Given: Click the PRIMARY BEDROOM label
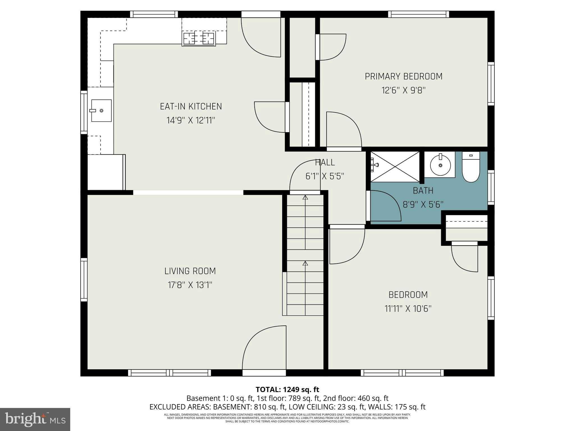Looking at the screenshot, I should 403,76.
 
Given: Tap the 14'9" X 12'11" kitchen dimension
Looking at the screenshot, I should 191,120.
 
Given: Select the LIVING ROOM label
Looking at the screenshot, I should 190,271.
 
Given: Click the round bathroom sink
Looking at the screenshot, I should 440,165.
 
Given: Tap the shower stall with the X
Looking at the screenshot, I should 395,167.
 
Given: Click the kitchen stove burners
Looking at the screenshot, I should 198,38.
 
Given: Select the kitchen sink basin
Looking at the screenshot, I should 101,111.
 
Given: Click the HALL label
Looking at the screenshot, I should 325,162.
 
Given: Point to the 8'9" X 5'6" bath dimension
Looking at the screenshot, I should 423,205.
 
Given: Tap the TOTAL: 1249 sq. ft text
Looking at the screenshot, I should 287,389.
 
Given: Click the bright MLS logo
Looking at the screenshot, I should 35,419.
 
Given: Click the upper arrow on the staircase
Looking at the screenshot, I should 305,198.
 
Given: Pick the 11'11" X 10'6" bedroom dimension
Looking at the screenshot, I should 408,309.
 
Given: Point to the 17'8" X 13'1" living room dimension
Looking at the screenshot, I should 190,285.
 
